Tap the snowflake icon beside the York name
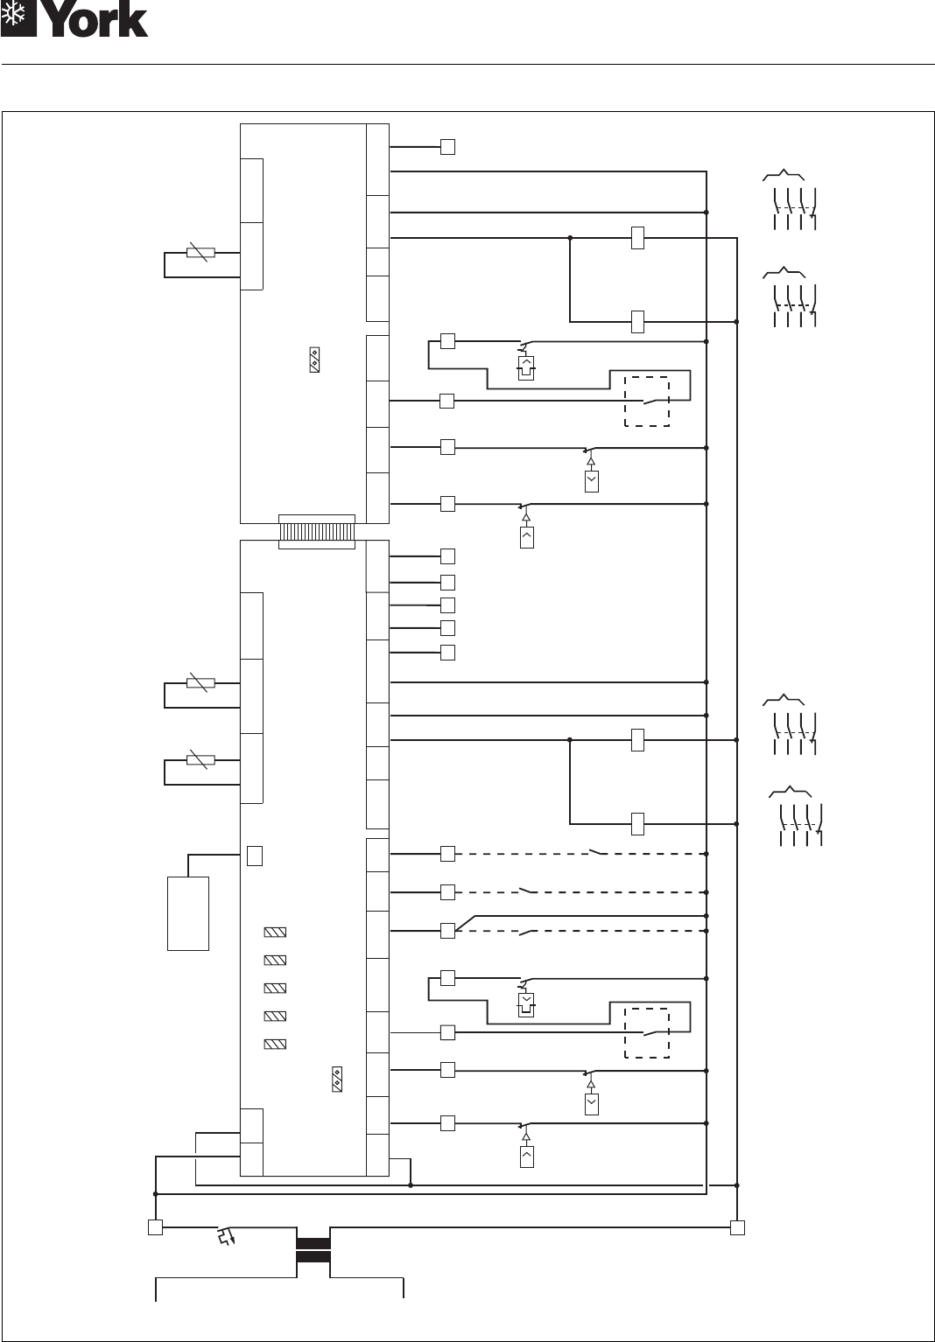(18, 19)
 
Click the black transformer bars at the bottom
(313, 1250)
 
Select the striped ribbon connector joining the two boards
(316, 532)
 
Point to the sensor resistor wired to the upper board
(200, 254)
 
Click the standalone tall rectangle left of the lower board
(187, 912)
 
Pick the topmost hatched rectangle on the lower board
(275, 933)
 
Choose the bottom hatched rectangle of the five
(275, 1044)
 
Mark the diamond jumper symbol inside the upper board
(314, 360)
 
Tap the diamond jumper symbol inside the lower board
(336, 1079)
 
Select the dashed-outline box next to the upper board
(646, 402)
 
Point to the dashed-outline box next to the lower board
(646, 1033)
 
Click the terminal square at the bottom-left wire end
(155, 1227)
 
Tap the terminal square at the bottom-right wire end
(737, 1227)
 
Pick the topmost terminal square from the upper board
(447, 147)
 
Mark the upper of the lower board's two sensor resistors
(200, 683)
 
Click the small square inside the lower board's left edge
(254, 856)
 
